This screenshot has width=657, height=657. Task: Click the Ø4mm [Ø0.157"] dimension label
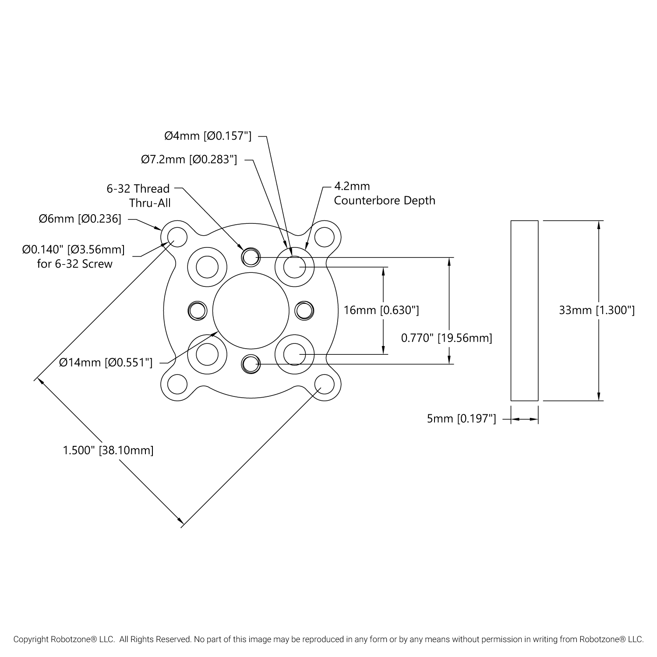tap(208, 136)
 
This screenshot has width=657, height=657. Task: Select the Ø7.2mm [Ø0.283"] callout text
tap(189, 160)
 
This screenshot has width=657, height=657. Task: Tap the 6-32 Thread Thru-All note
tap(138, 196)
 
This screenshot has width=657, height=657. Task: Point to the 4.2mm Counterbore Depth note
tap(384, 194)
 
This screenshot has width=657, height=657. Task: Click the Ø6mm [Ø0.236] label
tap(80, 219)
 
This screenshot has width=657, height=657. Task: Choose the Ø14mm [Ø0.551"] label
tap(106, 363)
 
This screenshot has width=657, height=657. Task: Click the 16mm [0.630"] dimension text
tap(381, 310)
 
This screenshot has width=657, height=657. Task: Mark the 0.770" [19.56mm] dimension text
tap(446, 338)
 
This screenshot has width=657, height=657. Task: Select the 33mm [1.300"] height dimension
tap(597, 310)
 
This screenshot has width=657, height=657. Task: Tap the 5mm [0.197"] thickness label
tap(461, 419)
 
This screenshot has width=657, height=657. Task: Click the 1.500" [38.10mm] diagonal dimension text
tap(108, 450)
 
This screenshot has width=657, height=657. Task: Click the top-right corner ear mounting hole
tap(325, 237)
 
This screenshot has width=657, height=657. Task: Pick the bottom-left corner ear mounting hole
tap(177, 384)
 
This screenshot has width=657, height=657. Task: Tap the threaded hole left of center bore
tap(197, 311)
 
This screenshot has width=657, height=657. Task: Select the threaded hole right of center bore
tap(304, 311)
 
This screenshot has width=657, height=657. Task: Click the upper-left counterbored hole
tap(207, 267)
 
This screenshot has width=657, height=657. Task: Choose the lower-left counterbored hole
tap(207, 354)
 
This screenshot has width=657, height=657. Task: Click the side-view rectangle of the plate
tap(524, 310)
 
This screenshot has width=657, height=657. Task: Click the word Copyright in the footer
tap(31, 639)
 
